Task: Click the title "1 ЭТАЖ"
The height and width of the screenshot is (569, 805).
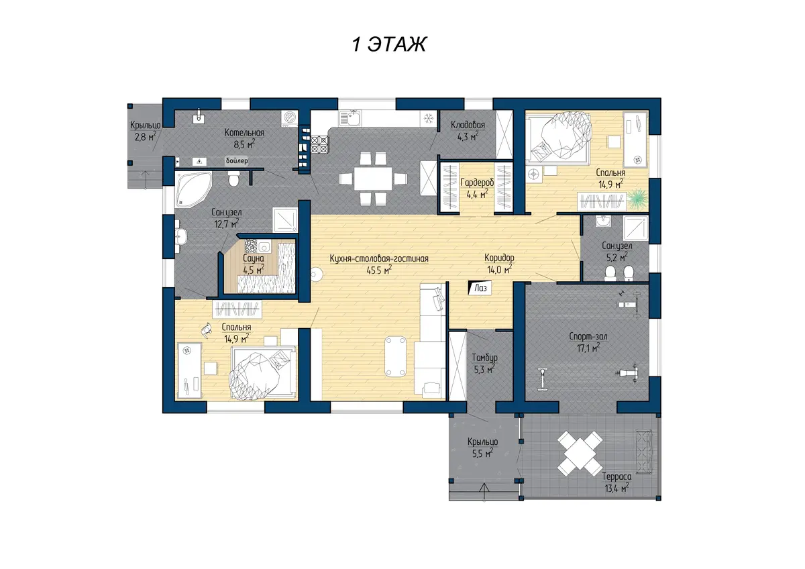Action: (389, 44)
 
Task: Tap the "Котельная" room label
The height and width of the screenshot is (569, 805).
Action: (244, 133)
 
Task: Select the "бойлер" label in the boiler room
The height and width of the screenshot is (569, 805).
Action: (237, 160)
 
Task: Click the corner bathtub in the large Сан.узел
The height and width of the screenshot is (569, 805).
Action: (193, 190)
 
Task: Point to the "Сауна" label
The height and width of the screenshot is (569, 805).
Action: (254, 258)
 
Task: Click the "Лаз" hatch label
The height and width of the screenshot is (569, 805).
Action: (480, 288)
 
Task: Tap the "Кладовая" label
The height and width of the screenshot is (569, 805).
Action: (468, 125)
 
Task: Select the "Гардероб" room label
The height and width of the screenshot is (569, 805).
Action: (477, 183)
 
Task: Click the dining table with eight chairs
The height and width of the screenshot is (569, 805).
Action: (373, 178)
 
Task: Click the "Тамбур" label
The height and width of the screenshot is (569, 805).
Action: (484, 358)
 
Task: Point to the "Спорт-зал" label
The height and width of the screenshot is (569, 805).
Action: (588, 336)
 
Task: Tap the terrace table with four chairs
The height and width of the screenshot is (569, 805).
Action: (580, 454)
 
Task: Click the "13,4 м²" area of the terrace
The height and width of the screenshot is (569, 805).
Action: (616, 488)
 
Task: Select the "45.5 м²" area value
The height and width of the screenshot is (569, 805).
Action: (379, 270)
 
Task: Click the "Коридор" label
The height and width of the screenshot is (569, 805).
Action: (499, 258)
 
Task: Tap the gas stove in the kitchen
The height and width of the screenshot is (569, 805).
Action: (319, 144)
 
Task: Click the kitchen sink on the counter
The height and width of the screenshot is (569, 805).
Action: (350, 118)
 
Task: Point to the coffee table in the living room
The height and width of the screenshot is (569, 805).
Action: (396, 356)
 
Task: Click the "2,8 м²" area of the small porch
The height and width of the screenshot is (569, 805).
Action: (145, 137)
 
